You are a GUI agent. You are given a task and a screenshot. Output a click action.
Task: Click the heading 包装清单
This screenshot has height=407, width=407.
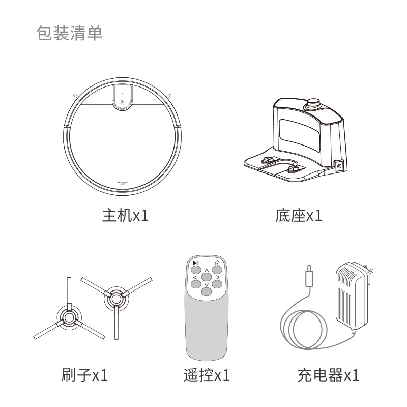coord(69,33)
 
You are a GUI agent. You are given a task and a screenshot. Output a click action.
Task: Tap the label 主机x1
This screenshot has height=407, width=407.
coord(125,215)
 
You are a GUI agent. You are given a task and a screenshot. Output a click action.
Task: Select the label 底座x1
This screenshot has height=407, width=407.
coord(299,215)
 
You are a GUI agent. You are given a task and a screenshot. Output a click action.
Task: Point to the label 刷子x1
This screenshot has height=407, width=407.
coord(84,374)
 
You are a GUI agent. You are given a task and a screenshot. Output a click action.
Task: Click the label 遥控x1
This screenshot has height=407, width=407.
coord(207,374)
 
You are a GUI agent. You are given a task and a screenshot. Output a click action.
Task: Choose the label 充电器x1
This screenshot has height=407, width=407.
coord(328,374)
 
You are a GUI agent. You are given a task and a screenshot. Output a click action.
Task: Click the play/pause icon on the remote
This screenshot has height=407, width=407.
coord(196,263)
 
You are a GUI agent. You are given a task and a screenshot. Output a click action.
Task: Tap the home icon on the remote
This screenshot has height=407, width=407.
coord(217,263)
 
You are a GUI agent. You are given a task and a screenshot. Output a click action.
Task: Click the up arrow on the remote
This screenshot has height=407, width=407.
coord(207,271)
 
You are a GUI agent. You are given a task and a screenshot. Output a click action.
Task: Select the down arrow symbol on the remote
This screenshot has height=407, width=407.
coord(207,285)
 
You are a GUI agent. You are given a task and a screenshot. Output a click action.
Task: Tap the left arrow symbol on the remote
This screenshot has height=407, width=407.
coord(195,278)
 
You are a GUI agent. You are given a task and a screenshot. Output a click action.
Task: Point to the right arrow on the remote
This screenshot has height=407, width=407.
coord(218,277)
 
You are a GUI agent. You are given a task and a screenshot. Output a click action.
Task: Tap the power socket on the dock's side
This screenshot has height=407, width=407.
coord(339,166)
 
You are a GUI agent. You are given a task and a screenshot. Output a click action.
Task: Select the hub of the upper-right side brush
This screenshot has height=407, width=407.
coord(116,299)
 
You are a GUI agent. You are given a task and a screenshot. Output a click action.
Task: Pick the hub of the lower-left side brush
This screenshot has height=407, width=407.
coord(69,317)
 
